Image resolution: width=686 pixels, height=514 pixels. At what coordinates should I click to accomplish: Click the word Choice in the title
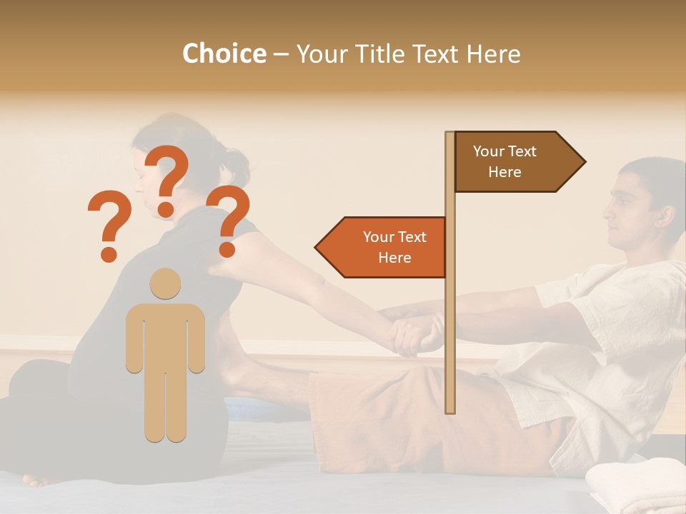[x=224, y=54]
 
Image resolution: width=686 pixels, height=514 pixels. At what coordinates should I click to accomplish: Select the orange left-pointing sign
[x=383, y=248]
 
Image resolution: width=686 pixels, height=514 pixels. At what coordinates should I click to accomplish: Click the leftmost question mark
[x=109, y=225]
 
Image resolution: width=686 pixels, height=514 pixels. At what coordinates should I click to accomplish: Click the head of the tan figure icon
[x=165, y=283]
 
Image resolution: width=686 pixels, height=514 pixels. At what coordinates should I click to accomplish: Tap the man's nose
[x=605, y=211]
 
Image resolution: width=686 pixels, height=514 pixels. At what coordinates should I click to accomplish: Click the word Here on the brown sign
[x=504, y=172]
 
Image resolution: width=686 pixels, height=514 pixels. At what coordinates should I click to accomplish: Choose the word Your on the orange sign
[x=379, y=237]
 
